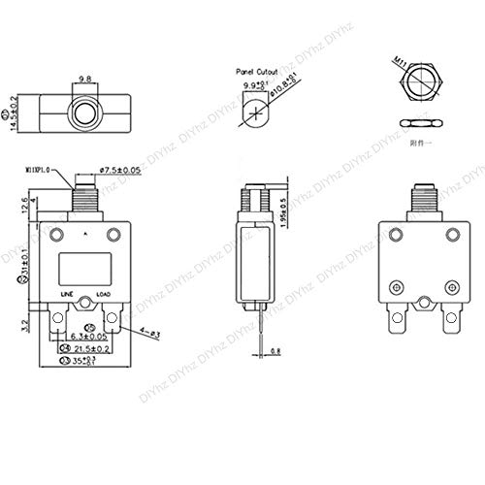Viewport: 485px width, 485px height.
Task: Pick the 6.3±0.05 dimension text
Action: (89, 338)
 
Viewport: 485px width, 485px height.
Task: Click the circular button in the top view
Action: (84, 114)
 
